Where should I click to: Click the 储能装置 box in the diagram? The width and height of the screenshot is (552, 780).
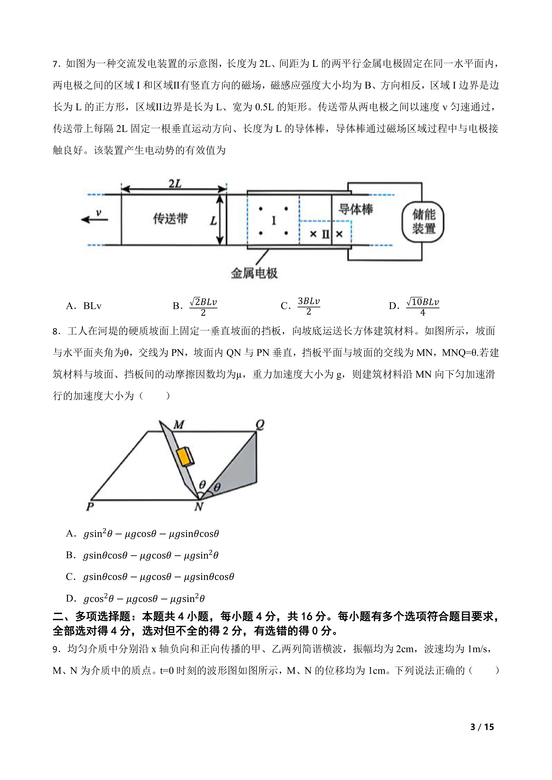[x=423, y=222]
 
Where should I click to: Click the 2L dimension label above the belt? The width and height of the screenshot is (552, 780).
[x=175, y=184]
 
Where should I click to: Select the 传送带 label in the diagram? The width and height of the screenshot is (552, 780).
[x=170, y=218]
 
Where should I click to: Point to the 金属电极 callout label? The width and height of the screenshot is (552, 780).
[x=254, y=273]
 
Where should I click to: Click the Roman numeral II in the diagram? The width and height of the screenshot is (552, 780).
[x=325, y=234]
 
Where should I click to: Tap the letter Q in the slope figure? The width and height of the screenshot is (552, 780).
[x=260, y=424]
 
